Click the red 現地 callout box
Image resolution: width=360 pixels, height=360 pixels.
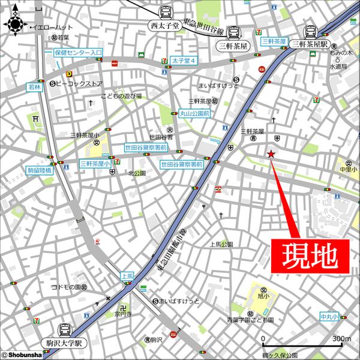point(311,256)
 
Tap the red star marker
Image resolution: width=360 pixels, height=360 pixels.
point(271,155)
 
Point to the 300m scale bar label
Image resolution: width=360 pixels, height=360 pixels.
point(341,340)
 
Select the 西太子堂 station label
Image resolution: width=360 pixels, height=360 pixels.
point(165,25)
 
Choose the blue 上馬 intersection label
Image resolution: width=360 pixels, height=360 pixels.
point(127,277)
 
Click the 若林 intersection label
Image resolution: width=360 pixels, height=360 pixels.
point(35,87)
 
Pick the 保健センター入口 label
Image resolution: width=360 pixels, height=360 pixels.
point(78,52)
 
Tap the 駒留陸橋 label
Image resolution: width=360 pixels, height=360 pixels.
point(40,171)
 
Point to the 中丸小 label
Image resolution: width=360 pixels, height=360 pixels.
point(329,316)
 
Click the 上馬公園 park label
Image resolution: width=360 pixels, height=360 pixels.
point(221,244)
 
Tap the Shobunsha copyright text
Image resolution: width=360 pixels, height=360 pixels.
point(22,355)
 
